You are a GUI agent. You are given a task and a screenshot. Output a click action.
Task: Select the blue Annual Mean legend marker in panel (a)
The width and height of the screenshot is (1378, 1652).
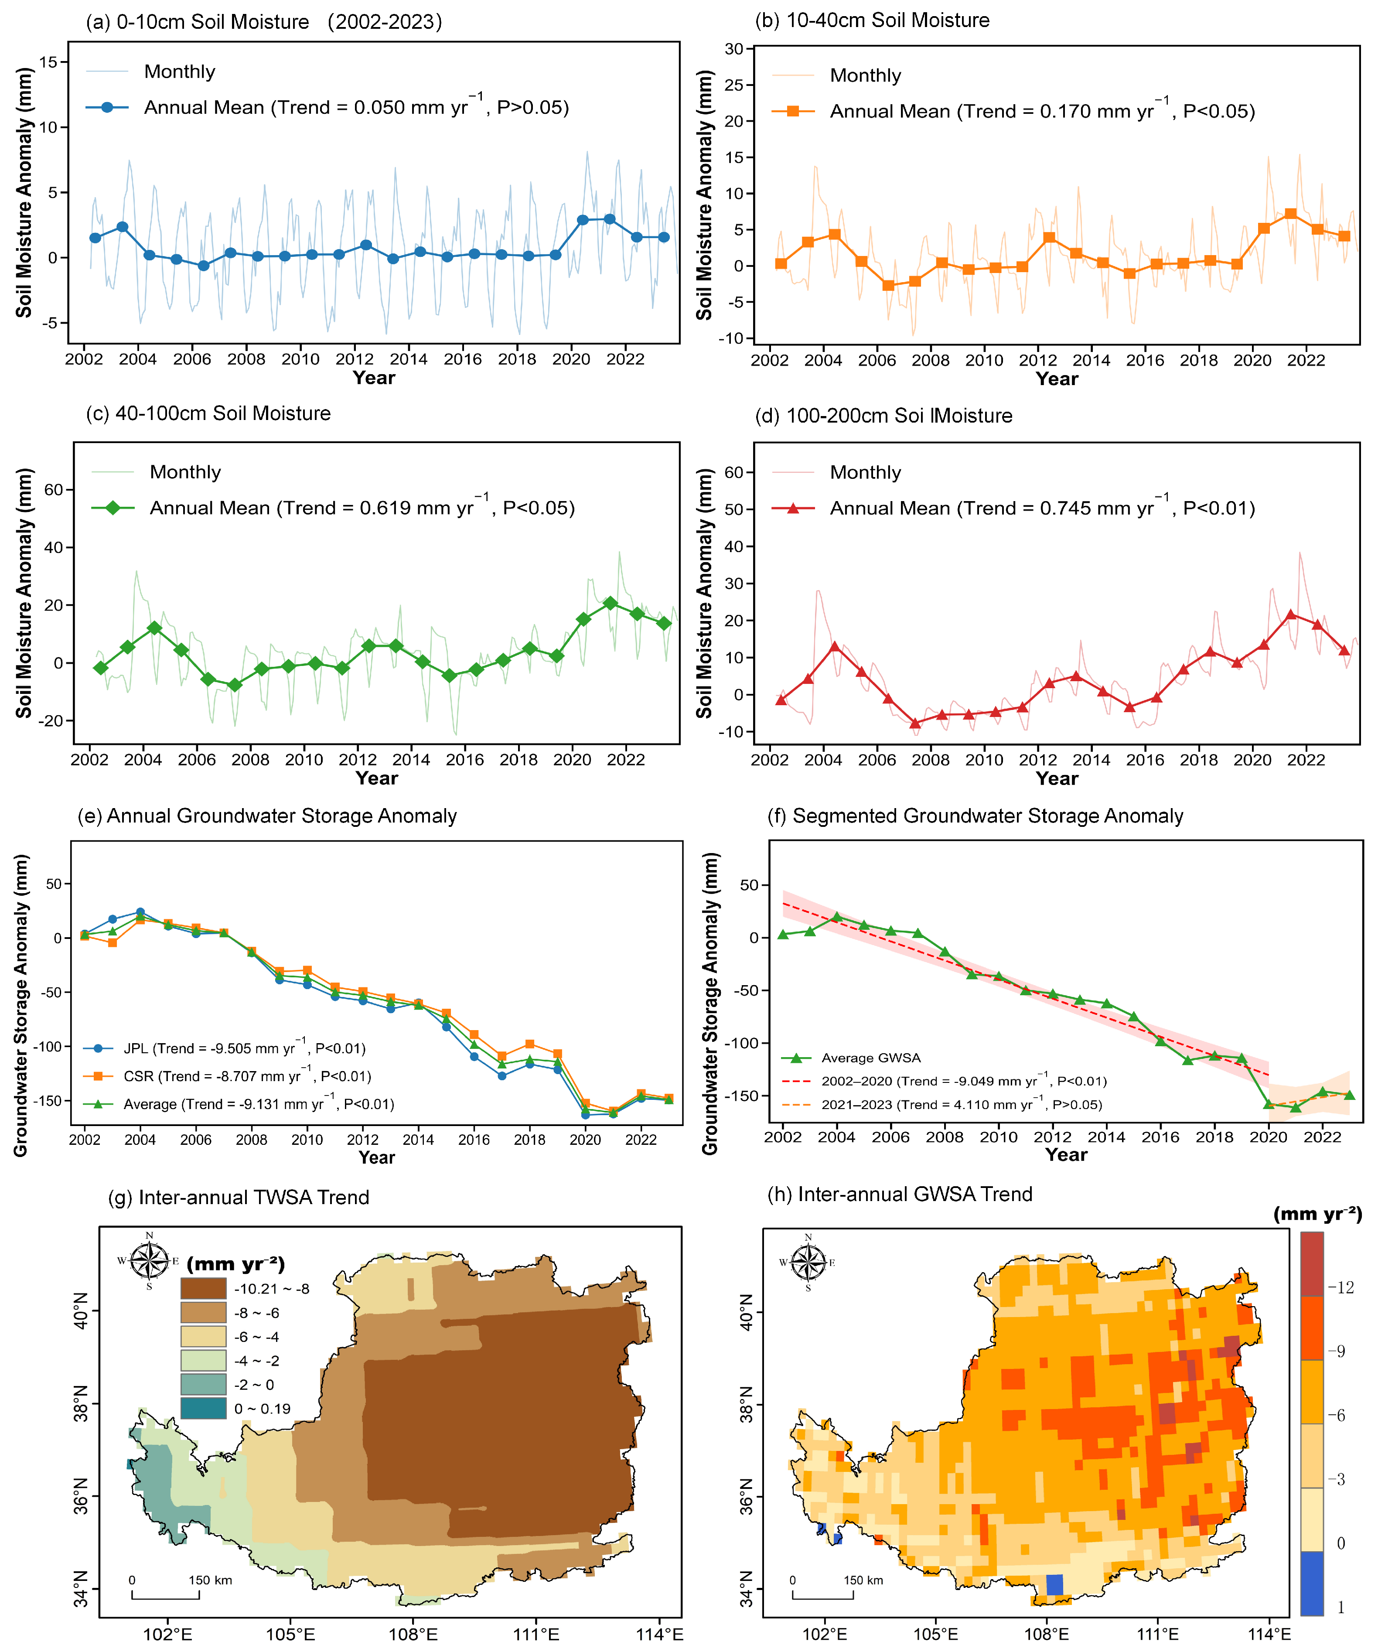[x=108, y=107]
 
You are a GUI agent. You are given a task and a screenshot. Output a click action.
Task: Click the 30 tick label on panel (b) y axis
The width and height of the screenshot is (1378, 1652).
[x=734, y=49]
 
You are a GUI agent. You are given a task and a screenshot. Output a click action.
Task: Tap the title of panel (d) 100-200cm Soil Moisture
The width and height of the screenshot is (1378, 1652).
[x=883, y=415]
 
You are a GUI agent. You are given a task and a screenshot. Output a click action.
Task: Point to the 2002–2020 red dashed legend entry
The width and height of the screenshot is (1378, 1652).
[x=944, y=1081]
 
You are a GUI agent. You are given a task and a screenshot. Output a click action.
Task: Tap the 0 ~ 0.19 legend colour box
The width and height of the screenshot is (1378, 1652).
[x=204, y=1408]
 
